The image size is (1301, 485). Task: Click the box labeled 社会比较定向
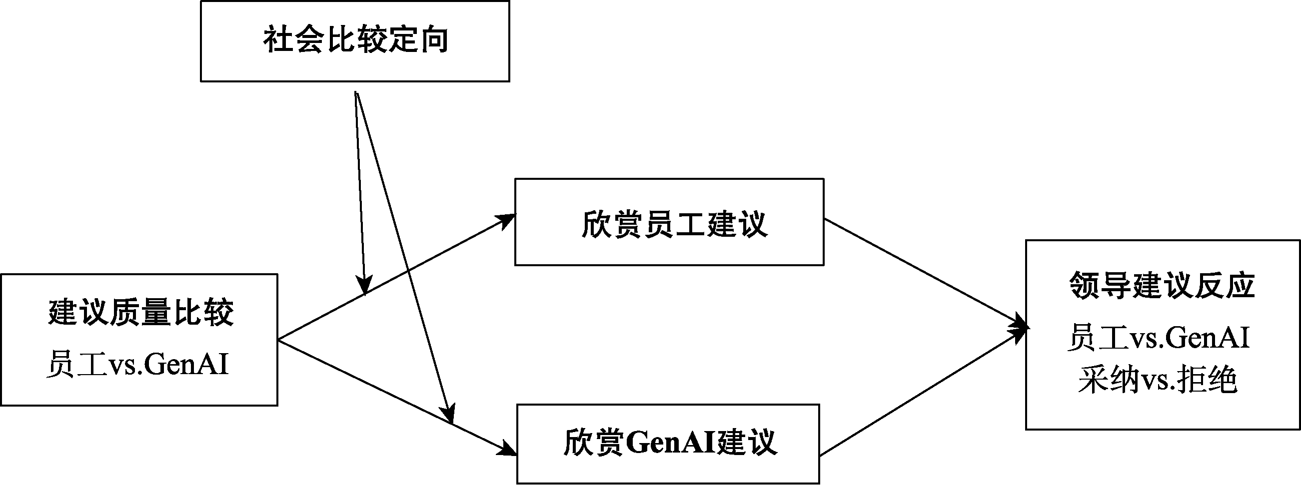pyautogui.click(x=354, y=41)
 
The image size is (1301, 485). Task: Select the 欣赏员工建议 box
pyautogui.click(x=669, y=222)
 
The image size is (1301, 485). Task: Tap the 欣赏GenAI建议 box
pyautogui.click(x=668, y=444)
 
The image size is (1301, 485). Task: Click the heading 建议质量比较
pyautogui.click(x=141, y=313)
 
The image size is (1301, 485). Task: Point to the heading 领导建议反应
pyautogui.click(x=1162, y=286)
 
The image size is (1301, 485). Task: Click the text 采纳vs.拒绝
pyautogui.click(x=1158, y=380)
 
